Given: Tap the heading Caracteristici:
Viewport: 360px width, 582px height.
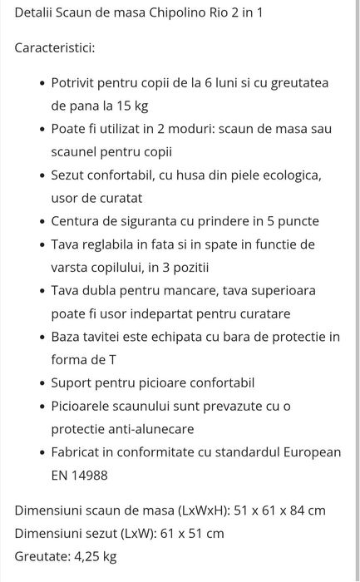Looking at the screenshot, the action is coord(55,47).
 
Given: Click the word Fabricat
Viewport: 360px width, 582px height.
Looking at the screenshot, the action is coord(79,452).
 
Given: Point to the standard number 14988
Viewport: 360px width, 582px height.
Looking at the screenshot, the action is coord(90,476).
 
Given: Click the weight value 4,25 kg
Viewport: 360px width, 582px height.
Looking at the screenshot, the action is coord(93,556).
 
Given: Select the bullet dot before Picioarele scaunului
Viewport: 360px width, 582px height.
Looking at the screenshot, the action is coord(42,407).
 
